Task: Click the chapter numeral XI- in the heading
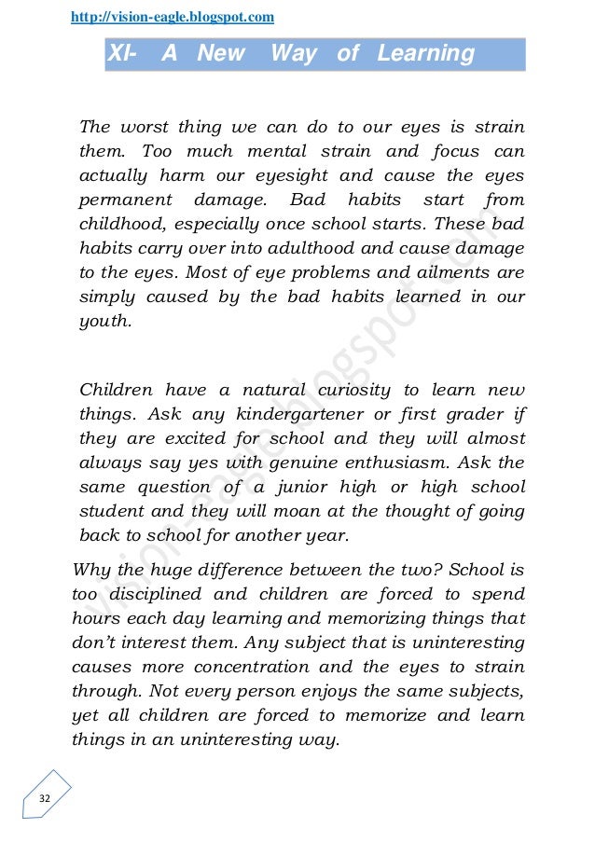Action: click(x=122, y=54)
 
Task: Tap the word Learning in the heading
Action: click(x=425, y=54)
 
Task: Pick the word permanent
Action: click(x=126, y=200)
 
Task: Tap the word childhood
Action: click(x=122, y=224)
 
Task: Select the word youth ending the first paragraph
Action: click(x=104, y=321)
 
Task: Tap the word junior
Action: click(x=320, y=487)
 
